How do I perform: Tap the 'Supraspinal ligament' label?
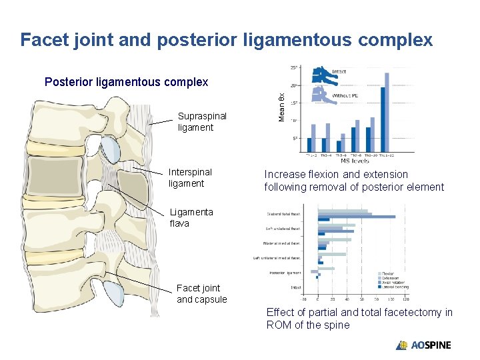tap(202, 121)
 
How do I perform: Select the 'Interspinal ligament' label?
tap(190, 177)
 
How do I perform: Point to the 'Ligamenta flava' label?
tap(191, 217)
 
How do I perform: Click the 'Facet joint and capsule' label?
tap(201, 293)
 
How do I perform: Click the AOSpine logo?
tap(423, 345)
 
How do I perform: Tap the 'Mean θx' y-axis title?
tap(282, 107)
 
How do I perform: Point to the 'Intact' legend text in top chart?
tap(339, 72)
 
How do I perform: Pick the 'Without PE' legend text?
tap(345, 96)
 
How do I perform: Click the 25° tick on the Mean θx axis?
tap(294, 67)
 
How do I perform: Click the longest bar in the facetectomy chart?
tap(356, 217)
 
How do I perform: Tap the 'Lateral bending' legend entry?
tap(396, 287)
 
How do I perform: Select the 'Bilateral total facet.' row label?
tap(283, 214)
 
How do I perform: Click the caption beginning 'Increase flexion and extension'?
tap(354, 181)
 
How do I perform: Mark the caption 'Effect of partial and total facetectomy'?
tap(359, 319)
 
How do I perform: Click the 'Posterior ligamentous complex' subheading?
tap(126, 82)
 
